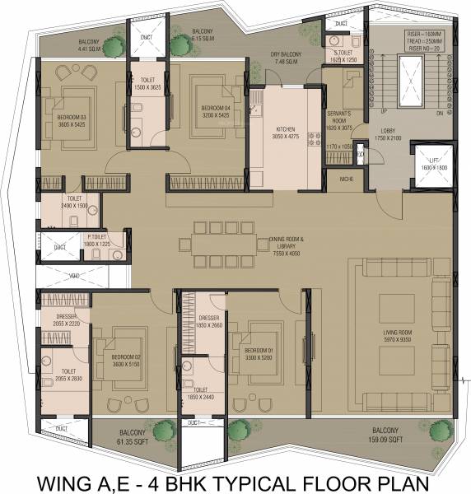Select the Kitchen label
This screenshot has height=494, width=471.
(286, 132)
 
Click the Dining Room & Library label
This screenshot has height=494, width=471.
(287, 244)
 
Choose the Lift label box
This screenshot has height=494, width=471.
(433, 165)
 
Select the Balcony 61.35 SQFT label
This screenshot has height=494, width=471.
(132, 436)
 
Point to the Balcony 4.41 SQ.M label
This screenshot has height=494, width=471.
(91, 44)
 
